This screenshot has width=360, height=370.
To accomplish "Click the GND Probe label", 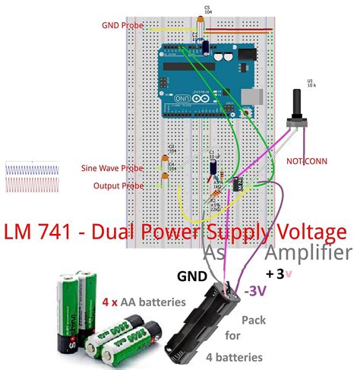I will click(x=121, y=25).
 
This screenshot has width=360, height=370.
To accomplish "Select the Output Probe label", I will click(x=118, y=185).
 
